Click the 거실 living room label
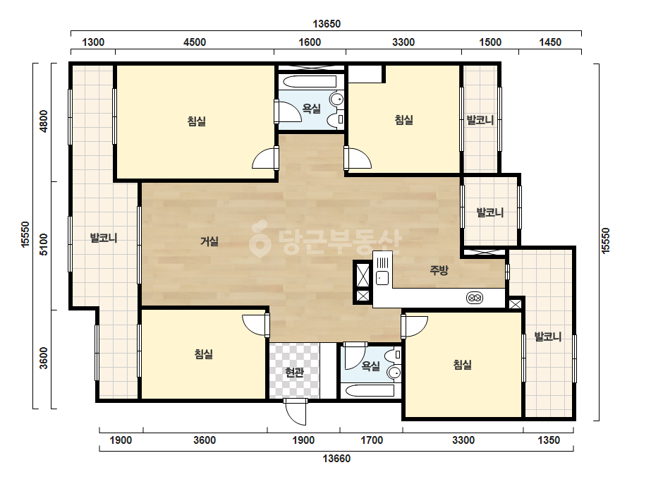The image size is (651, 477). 209,241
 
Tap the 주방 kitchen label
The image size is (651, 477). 439,270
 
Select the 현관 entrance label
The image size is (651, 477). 294,373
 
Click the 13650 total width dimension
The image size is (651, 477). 327,24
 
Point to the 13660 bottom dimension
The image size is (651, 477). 336,459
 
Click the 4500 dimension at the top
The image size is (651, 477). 194,42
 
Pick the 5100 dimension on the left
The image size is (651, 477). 44,245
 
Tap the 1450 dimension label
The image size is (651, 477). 549,42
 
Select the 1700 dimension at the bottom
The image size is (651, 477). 372,440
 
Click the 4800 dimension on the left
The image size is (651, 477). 44,121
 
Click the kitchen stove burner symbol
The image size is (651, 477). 475,298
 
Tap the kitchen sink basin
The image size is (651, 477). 382,277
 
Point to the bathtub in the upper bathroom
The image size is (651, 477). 310,81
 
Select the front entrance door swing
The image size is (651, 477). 296,413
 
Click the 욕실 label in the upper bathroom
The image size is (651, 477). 311,109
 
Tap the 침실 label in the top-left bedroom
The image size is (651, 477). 196,121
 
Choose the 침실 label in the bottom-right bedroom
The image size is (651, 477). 462,365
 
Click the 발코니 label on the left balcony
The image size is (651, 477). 104,238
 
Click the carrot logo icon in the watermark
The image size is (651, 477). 260,238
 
